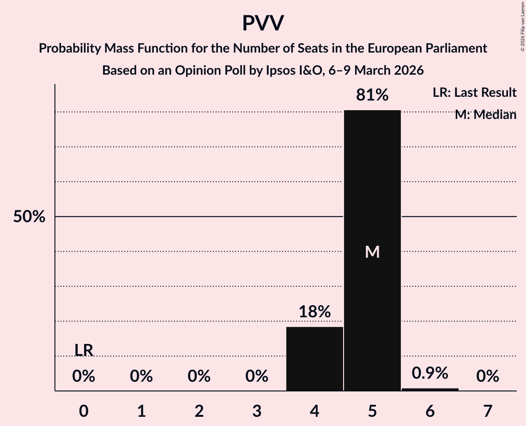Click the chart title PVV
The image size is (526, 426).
(x=263, y=23)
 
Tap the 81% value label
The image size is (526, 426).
(x=372, y=95)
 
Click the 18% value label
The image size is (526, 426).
(x=314, y=312)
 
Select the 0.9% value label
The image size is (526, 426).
(x=430, y=373)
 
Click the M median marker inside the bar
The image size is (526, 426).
(x=372, y=252)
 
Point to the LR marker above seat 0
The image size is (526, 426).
(x=84, y=350)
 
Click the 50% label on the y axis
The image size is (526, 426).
(x=29, y=217)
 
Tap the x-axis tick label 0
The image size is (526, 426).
(x=84, y=411)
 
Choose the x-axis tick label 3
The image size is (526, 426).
(x=257, y=411)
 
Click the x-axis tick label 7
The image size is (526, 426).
(x=488, y=411)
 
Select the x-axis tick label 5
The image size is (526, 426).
(x=372, y=411)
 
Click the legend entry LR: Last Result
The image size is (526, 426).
(x=474, y=93)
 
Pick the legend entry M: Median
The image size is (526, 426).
(x=485, y=115)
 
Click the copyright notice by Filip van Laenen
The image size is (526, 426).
(x=522, y=25)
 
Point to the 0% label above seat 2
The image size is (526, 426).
(x=199, y=377)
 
